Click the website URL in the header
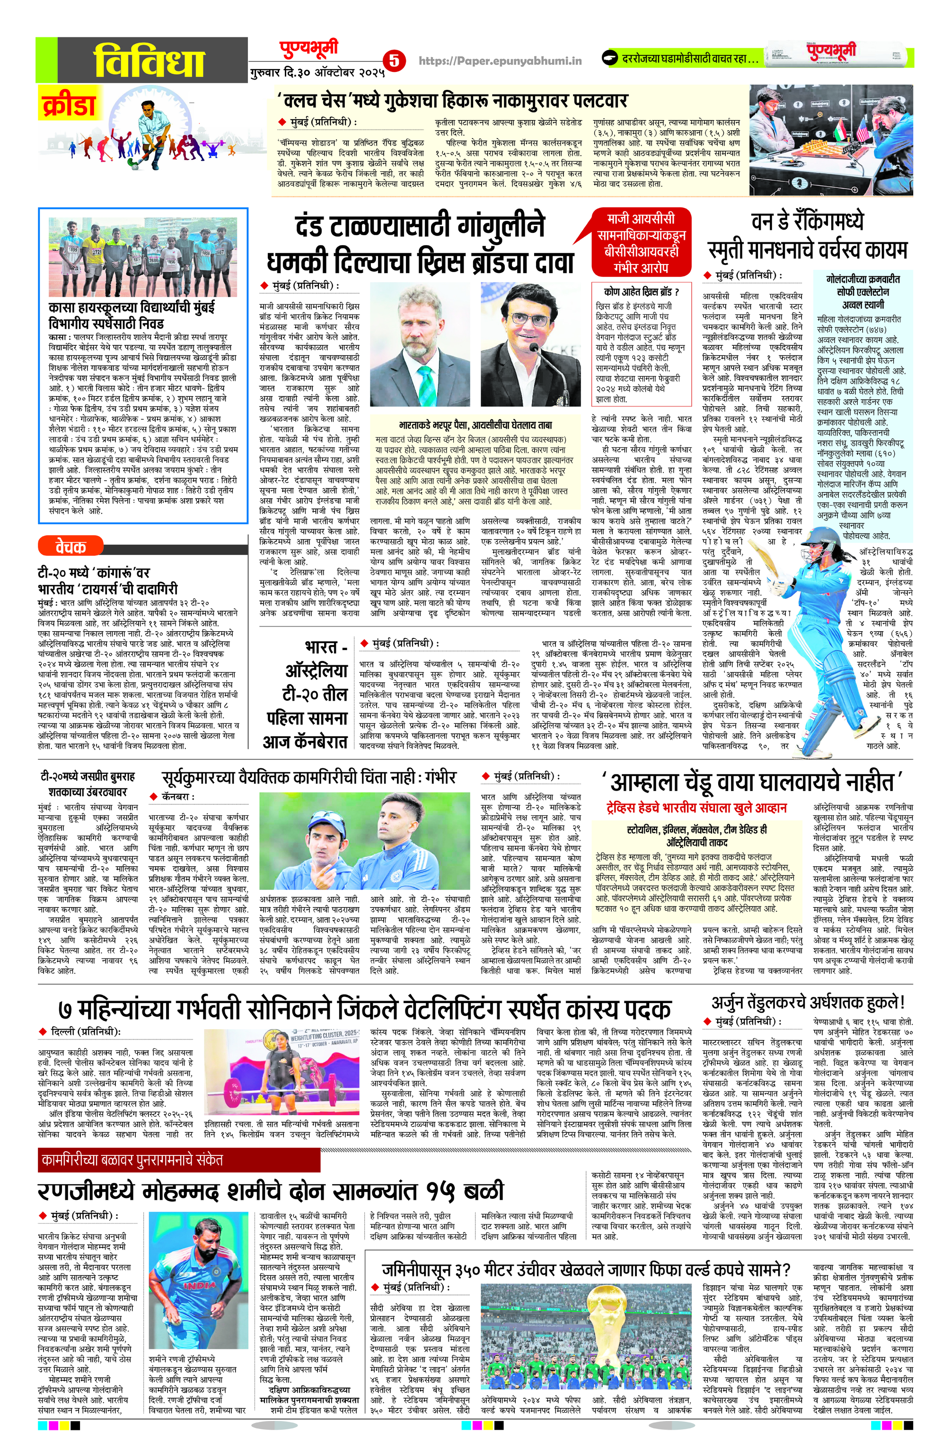click(x=500, y=61)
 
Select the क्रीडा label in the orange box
click(x=69, y=105)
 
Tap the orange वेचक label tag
click(x=70, y=546)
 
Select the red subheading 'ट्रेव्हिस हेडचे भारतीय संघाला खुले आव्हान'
click(x=696, y=807)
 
